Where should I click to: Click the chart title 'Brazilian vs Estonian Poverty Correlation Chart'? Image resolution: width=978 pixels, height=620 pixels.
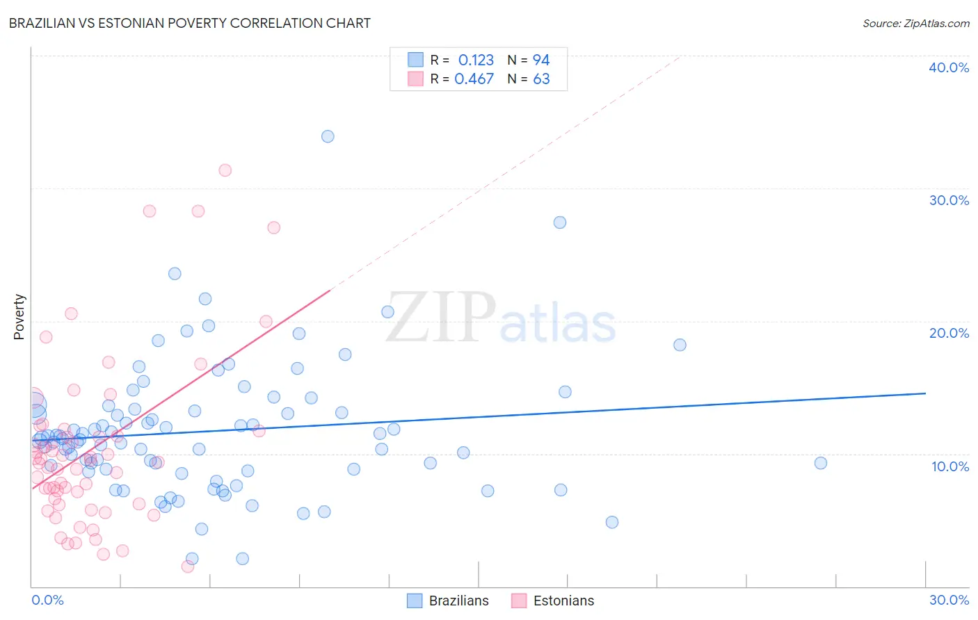[189, 23]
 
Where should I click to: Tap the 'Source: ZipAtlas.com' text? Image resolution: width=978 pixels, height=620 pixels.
[915, 24]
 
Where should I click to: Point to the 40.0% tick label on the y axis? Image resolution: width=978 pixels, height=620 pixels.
[949, 67]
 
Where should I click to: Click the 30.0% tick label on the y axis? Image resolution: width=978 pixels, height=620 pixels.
[949, 200]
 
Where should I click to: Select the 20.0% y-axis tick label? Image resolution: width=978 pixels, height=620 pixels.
[949, 333]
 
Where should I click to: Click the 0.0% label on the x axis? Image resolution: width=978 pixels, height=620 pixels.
[47, 600]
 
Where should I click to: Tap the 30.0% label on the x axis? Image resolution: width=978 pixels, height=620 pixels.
[949, 600]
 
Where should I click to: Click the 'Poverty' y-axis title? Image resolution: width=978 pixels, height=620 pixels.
[19, 317]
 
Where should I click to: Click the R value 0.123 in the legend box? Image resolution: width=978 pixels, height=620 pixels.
[476, 60]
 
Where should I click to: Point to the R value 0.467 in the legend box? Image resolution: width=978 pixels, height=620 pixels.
[474, 79]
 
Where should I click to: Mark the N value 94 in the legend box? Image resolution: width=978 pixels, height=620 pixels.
[541, 60]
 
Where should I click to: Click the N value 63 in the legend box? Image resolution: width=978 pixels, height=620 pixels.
[541, 79]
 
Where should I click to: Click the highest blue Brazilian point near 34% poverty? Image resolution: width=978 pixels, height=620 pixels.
[328, 136]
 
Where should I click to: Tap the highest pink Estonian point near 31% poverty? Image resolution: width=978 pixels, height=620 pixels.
[225, 170]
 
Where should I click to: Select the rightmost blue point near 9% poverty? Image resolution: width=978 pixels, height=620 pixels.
[821, 463]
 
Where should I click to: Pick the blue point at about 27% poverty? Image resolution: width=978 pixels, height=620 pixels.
[560, 222]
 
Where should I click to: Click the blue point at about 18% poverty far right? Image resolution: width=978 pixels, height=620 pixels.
[680, 345]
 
